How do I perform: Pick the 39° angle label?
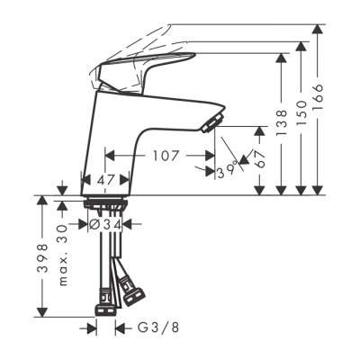[227, 170]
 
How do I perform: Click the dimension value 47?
[107, 181]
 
